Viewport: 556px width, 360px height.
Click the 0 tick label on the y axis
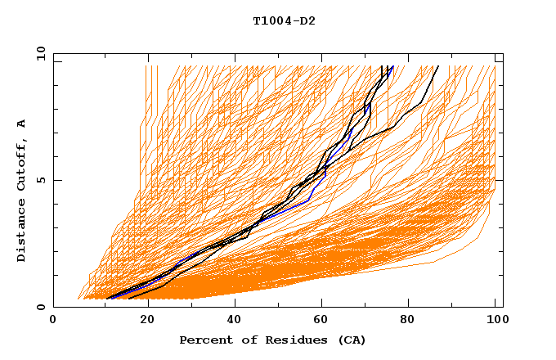(41, 307)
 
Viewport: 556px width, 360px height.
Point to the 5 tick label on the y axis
(41, 180)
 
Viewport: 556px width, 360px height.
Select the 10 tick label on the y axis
(38, 53)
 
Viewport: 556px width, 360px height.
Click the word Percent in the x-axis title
(204, 340)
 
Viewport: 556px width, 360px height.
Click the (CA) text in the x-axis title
(348, 340)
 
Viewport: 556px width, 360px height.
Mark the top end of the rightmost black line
(437, 66)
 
